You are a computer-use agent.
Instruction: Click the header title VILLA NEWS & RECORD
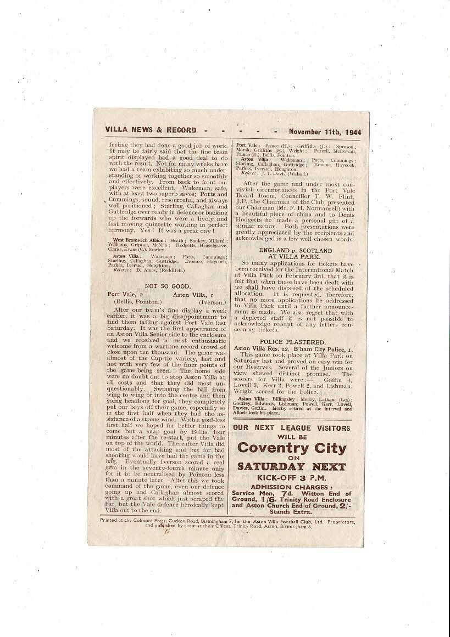point(151,130)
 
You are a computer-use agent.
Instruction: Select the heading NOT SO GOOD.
point(167,286)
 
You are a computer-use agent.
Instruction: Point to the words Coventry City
point(292,448)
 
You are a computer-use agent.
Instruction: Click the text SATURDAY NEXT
point(292,467)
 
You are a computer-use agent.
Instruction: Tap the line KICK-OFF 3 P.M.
point(292,477)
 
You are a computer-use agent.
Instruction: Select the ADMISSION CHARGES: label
point(291,487)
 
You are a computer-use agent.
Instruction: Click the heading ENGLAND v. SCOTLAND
point(295,249)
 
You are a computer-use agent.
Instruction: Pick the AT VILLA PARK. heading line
point(295,256)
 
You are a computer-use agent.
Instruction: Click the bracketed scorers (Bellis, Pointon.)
point(137,302)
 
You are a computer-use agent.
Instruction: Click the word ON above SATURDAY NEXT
point(292,458)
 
